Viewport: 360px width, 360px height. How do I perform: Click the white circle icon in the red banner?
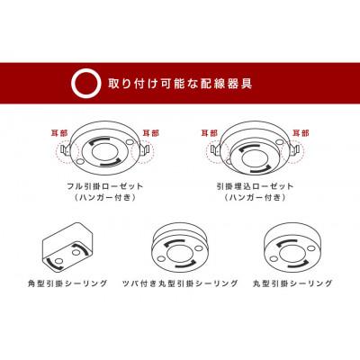(x=83, y=83)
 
